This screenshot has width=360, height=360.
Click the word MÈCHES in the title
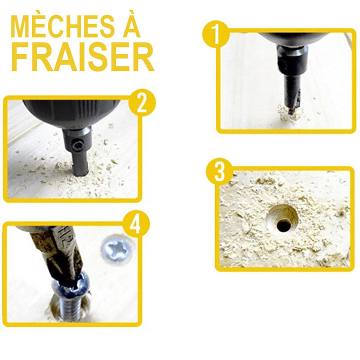tap(62, 26)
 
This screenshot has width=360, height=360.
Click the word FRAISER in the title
tap(82, 56)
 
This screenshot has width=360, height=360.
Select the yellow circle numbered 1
tap(215, 34)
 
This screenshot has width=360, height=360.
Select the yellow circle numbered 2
tap(142, 102)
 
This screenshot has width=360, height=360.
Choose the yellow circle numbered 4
tap(136, 223)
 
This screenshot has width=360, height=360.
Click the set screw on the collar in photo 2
tap(76, 145)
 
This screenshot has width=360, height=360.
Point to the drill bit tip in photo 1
tap(291, 112)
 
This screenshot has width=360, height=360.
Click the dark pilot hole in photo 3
tap(284, 225)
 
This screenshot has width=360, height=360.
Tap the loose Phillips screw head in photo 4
tap(116, 248)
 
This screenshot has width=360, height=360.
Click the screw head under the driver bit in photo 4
tap(70, 284)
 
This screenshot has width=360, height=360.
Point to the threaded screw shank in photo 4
tap(71, 309)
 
